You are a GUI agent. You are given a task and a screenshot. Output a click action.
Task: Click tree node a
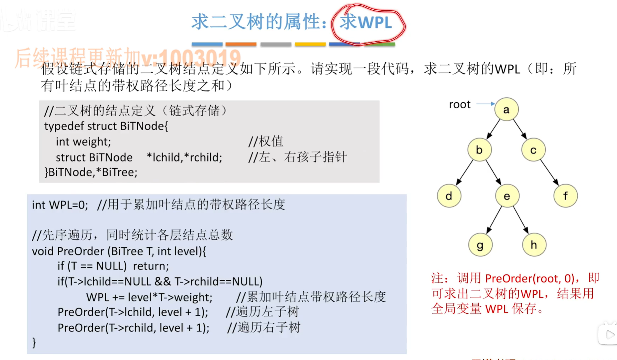tap(506, 109)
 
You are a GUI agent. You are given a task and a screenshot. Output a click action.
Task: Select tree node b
tap(479, 150)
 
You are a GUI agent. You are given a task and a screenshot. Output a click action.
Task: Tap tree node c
tap(533, 150)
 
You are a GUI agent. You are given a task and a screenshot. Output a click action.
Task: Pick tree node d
tap(449, 196)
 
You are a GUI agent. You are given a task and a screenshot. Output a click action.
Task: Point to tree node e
tap(507, 196)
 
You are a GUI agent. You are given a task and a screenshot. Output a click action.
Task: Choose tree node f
tap(565, 196)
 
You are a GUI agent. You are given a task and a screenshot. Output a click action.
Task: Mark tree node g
tap(480, 245)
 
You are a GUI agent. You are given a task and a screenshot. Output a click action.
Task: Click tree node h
tap(534, 245)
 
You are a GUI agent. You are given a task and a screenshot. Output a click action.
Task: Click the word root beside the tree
tap(459, 104)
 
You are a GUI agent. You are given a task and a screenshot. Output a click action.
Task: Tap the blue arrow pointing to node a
tap(485, 104)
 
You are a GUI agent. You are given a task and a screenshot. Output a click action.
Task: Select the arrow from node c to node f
tap(549, 172)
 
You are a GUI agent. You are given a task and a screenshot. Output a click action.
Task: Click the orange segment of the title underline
tap(241, 44)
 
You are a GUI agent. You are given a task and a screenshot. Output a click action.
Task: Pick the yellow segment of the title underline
tap(310, 44)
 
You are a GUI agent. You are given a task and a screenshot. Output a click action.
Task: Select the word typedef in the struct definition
tap(64, 126)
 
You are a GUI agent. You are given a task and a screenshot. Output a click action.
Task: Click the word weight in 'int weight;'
tap(92, 142)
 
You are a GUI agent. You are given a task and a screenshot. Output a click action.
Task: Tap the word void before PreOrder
tap(43, 251)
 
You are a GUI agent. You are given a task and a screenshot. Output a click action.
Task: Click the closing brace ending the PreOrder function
tap(34, 343)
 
